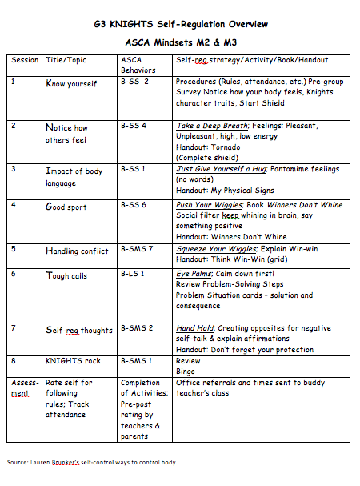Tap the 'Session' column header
pyautogui.click(x=25, y=60)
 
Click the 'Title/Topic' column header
pyautogui.click(x=68, y=60)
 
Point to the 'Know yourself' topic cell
pyautogui.click(x=71, y=82)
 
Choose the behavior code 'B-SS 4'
pyautogui.click(x=134, y=126)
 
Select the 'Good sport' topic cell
pyautogui.click(x=66, y=207)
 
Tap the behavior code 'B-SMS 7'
pyautogui.click(x=137, y=250)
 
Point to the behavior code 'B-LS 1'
pyautogui.click(x=134, y=275)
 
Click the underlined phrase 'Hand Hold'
pyautogui.click(x=195, y=328)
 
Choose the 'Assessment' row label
pyautogui.click(x=25, y=388)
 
